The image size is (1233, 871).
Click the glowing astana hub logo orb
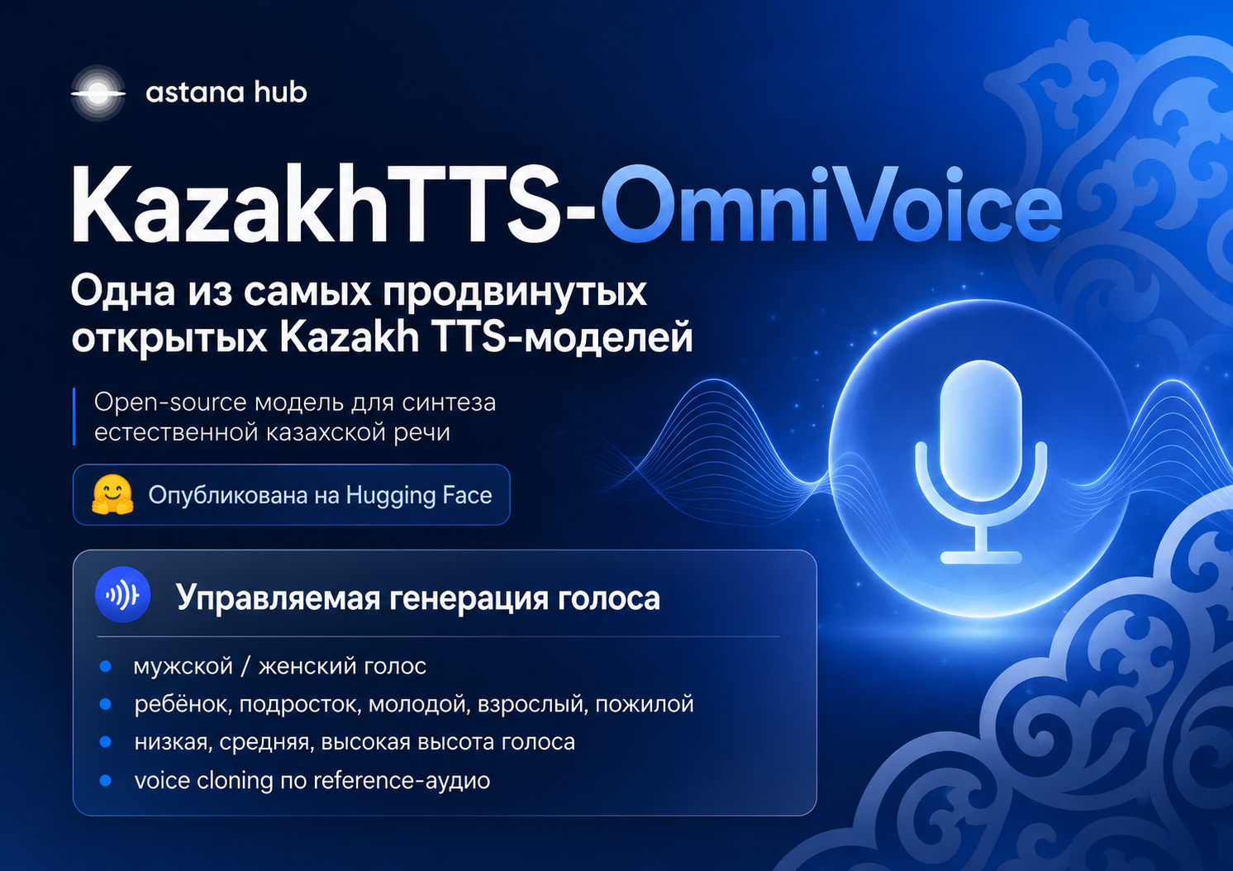[98, 93]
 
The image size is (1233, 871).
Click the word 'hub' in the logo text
[279, 92]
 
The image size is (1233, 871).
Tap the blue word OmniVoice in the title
[831, 204]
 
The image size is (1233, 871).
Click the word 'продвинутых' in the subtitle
[515, 292]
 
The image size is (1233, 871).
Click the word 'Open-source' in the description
[170, 403]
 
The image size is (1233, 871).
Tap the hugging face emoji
[112, 494]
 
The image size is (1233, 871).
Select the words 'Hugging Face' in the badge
[418, 496]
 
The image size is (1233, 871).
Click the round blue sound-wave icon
[123, 594]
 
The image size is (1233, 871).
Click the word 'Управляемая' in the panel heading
[278, 598]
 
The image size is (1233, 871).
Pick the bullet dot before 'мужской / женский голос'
[105, 667]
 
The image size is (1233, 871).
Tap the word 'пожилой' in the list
[645, 704]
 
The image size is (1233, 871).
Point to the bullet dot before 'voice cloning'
[105, 780]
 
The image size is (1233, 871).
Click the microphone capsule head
[981, 431]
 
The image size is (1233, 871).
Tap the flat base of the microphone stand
[981, 557]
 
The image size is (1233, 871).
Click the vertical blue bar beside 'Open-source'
[74, 416]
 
